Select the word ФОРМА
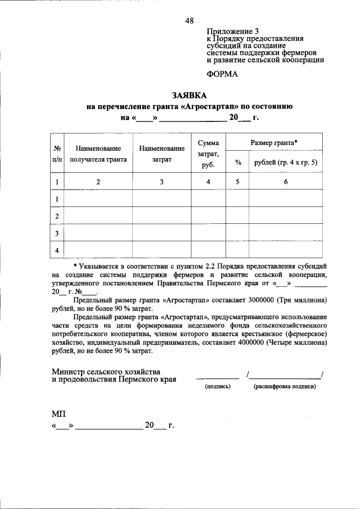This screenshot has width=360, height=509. point(222,74)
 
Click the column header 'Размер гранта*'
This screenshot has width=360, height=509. point(274,143)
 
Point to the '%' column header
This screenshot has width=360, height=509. point(238,163)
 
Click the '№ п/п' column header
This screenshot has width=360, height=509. point(57,154)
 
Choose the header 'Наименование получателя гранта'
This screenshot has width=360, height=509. point(99,154)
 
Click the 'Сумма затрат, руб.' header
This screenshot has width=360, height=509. point(208,154)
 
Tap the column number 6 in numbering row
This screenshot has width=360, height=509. point(286,182)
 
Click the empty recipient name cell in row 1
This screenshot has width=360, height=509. point(99,199)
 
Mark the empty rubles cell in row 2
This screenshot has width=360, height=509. point(286,215)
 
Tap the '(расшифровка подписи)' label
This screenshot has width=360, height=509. point(285,386)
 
